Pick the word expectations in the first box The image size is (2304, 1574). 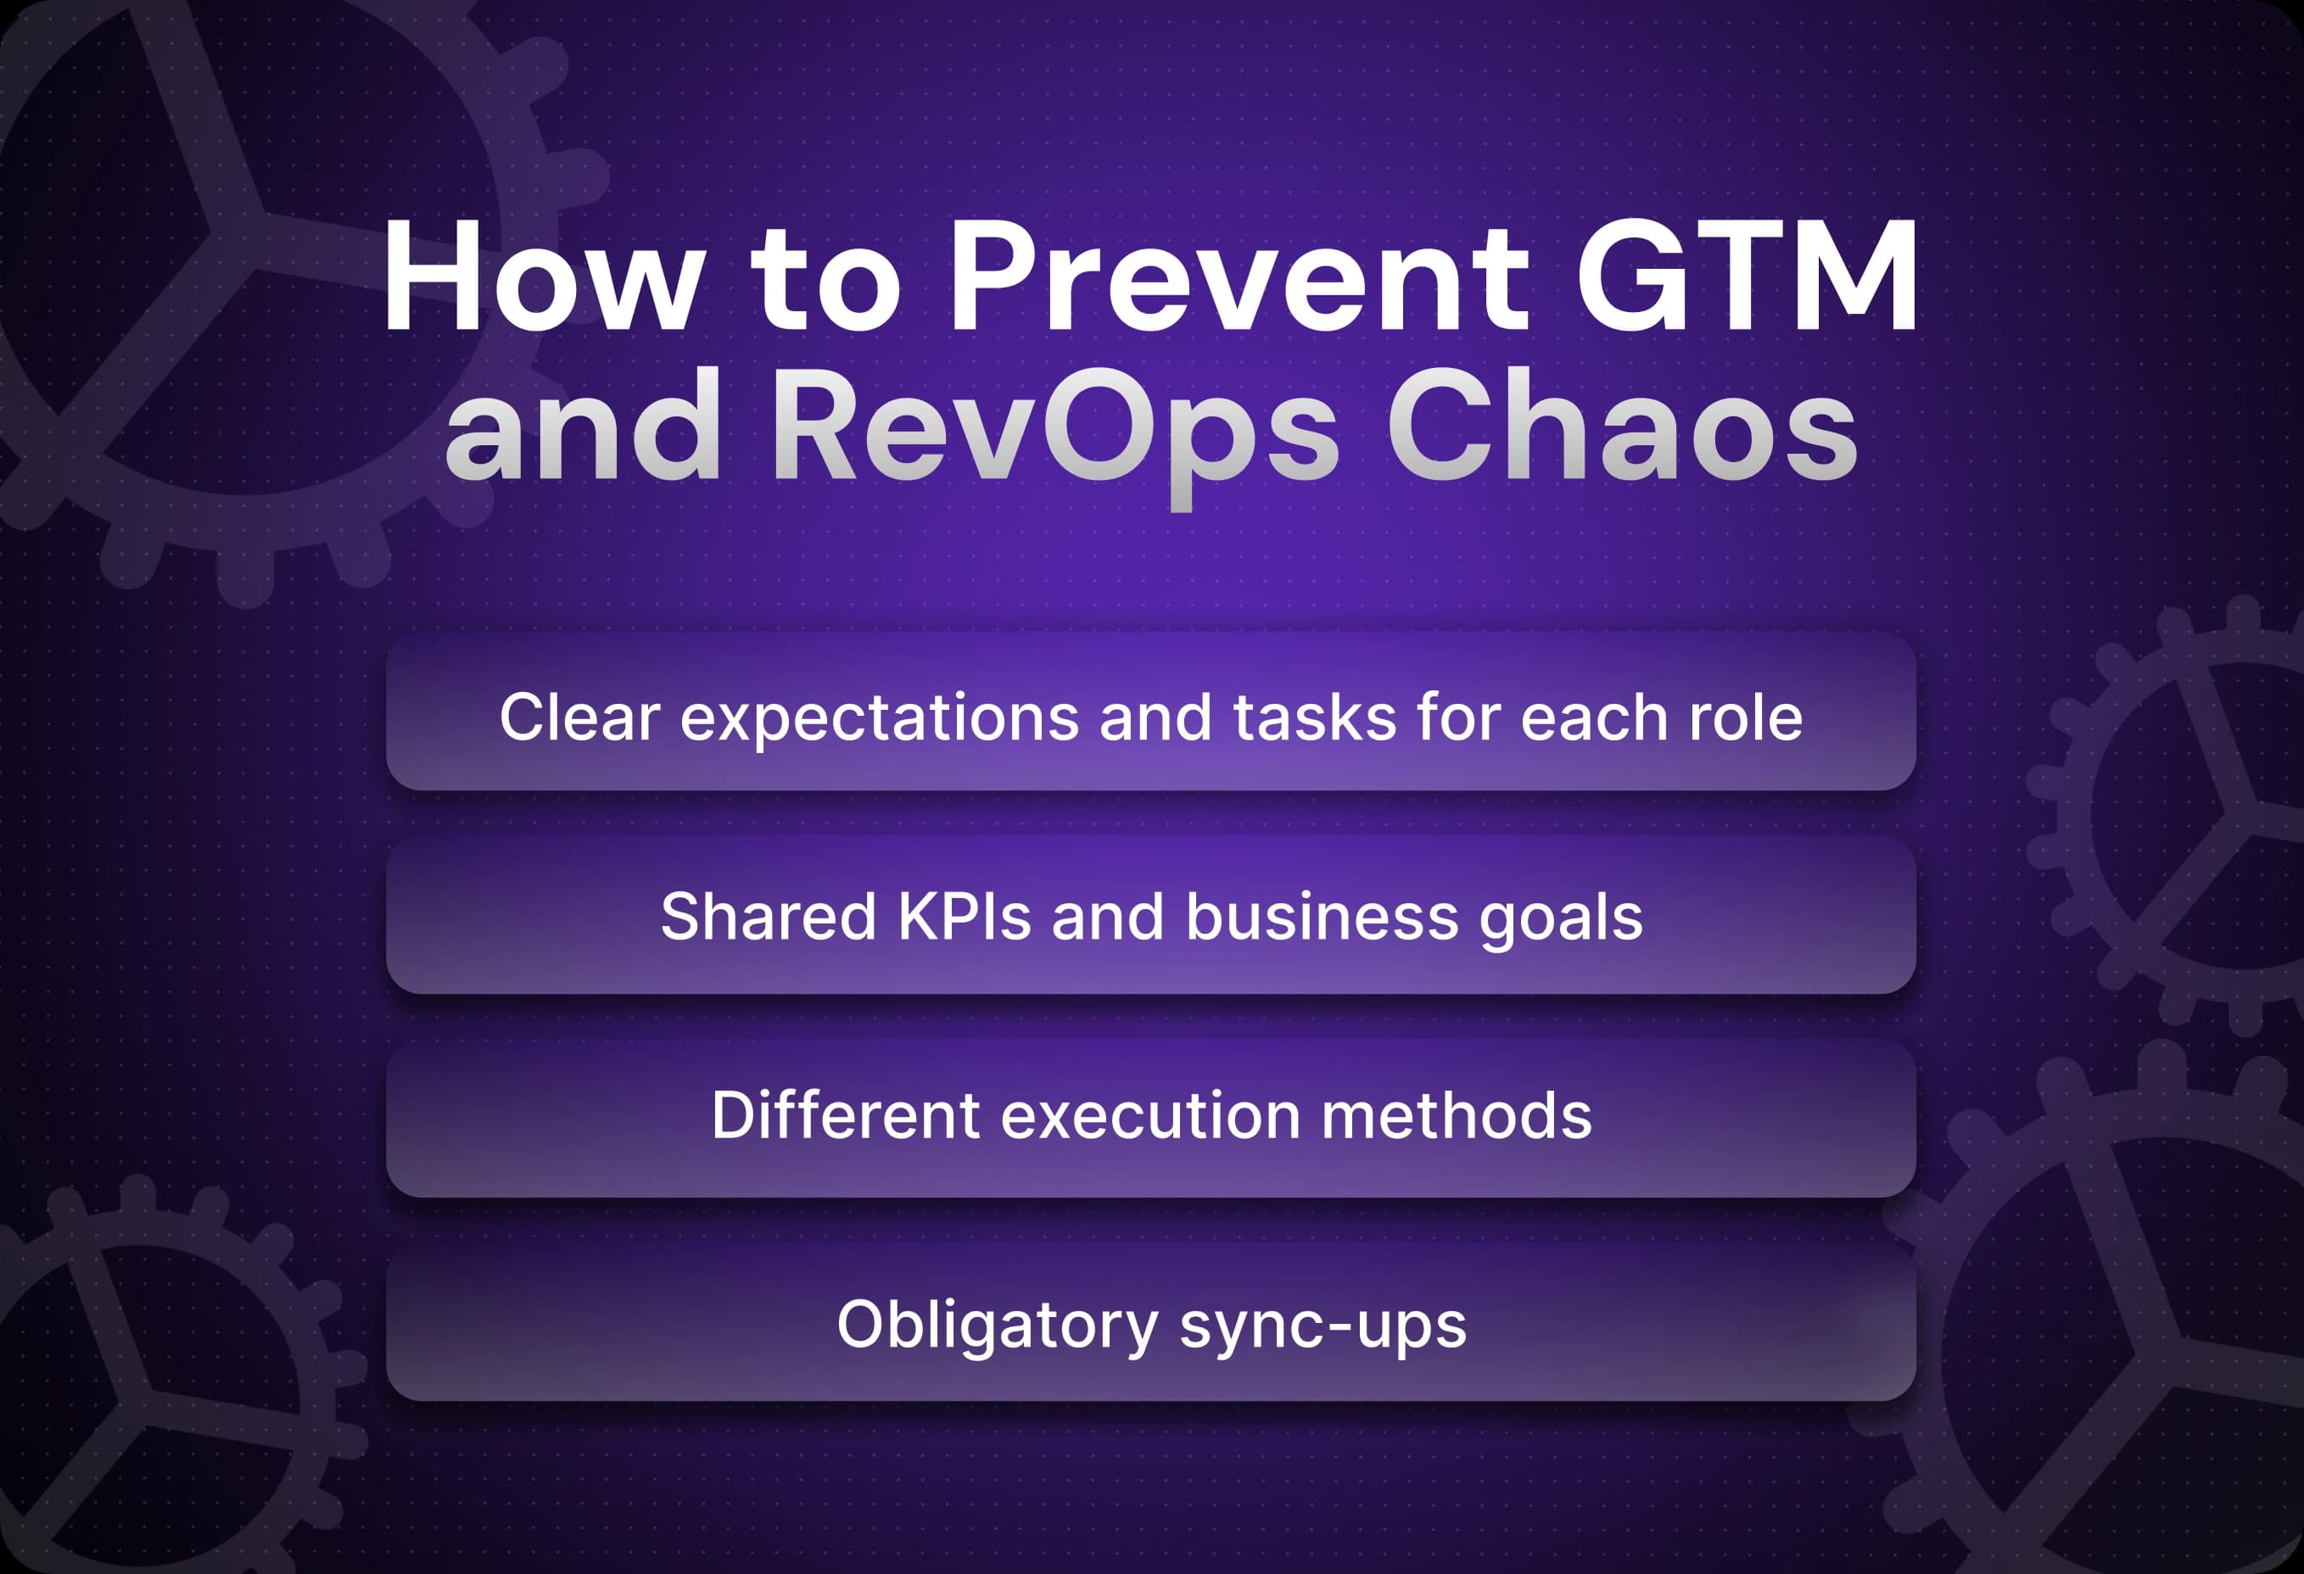[x=880, y=717]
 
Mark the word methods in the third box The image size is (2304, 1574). [x=1457, y=1115]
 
